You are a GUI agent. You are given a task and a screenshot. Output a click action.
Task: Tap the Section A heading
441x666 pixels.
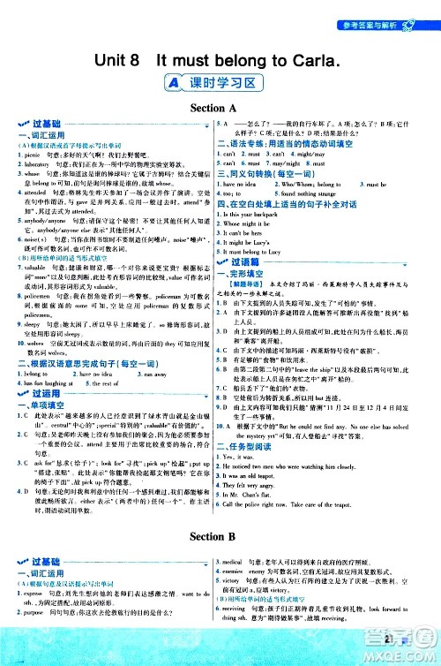click(221, 107)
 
